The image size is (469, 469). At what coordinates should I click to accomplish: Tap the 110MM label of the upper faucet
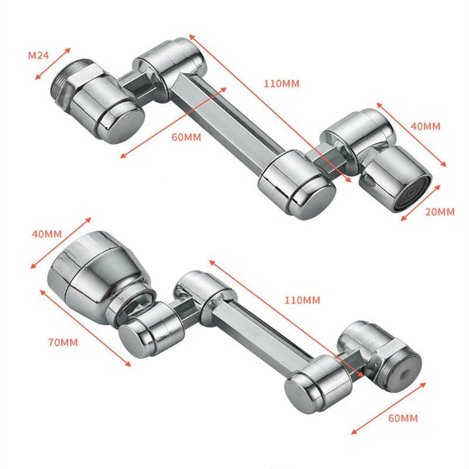[x=281, y=84]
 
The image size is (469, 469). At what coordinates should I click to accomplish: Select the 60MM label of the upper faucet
[x=186, y=138]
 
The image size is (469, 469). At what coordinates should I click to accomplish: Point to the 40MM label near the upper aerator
[x=425, y=126]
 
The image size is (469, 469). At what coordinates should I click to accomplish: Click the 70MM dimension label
[x=61, y=341]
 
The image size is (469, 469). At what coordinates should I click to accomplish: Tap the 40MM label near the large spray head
[x=45, y=234]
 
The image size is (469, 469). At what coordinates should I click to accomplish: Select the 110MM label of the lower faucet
[x=302, y=300]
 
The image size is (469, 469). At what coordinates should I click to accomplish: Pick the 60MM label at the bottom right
[x=403, y=418]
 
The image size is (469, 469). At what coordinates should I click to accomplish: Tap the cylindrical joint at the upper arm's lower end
[x=296, y=185]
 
